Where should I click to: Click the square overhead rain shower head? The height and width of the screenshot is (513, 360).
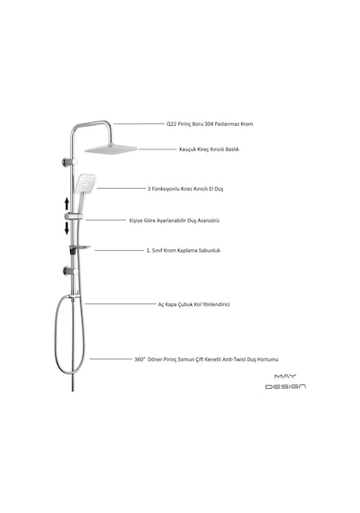point(111,149)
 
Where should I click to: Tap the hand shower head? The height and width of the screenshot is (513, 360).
point(85,184)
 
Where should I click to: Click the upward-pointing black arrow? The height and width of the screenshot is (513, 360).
point(67,203)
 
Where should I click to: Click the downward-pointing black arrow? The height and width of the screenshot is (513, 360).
point(67,228)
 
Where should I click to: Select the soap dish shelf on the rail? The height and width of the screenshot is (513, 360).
point(79,247)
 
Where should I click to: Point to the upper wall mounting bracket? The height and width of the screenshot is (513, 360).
point(70,162)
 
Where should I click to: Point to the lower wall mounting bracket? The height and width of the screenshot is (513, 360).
point(70,271)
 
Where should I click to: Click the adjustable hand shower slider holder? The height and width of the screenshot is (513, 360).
point(74,216)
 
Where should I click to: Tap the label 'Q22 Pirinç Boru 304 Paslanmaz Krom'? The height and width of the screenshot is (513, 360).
point(210,124)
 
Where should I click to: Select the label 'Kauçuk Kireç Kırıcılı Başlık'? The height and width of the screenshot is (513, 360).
point(209,149)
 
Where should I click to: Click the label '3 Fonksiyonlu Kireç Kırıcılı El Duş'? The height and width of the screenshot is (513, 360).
point(185,189)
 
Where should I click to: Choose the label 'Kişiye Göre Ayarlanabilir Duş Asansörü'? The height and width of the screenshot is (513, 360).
point(174,220)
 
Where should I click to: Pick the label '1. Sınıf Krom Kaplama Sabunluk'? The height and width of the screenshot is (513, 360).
point(184,250)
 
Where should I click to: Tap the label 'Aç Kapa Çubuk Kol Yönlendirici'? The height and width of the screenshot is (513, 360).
point(193,304)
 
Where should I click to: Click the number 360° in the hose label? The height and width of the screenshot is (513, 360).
point(139,359)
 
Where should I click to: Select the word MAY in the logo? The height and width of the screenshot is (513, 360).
point(285,376)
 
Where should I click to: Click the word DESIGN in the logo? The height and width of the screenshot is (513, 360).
point(285,387)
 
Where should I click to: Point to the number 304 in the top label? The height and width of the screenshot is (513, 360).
point(209,124)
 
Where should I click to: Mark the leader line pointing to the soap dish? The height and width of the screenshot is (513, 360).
point(120,250)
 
